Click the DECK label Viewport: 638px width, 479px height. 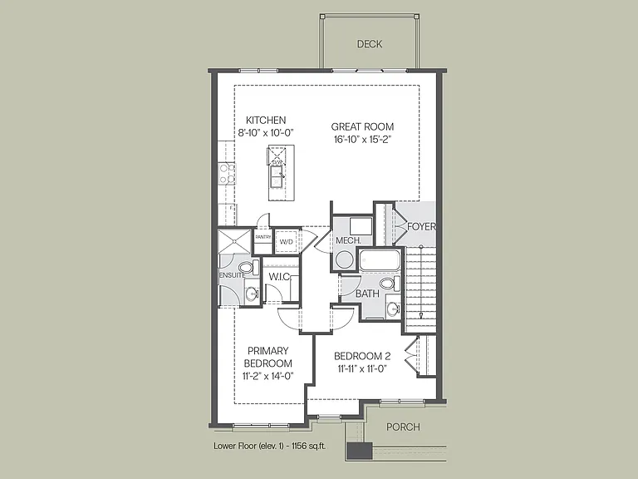[x=370, y=44]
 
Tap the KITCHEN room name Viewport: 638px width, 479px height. [x=266, y=120]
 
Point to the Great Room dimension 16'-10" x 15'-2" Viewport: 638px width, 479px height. [x=362, y=140]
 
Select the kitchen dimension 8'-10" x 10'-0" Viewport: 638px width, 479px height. [x=266, y=133]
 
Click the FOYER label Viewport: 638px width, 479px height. [x=421, y=226]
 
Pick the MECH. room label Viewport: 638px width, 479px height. [x=348, y=240]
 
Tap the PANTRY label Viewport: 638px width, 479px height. [x=263, y=237]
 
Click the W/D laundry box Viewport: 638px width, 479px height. [x=287, y=241]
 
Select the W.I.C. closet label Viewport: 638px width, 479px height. [x=279, y=277]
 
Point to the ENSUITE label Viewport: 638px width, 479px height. [x=233, y=275]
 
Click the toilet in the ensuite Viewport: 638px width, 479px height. [x=248, y=268]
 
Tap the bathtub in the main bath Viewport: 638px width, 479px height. [x=380, y=259]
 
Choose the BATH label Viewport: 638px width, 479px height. [x=367, y=294]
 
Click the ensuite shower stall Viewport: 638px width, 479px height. [x=235, y=241]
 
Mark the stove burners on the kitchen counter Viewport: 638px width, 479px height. [x=227, y=173]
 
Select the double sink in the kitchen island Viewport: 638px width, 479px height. [x=278, y=177]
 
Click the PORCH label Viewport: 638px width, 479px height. [x=403, y=427]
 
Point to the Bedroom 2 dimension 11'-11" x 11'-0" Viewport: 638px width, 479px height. [x=362, y=369]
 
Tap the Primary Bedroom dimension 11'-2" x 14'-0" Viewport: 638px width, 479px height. [x=268, y=376]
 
